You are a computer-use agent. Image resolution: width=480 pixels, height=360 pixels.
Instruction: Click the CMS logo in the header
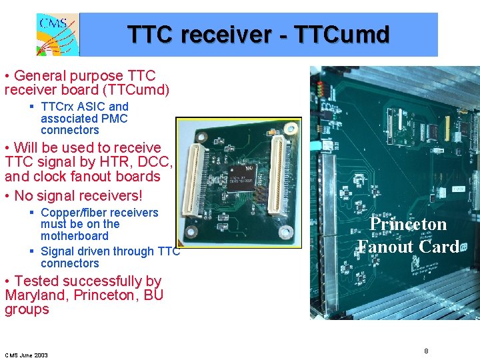[57, 34]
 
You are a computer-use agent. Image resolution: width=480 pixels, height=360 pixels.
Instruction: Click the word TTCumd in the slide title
[347, 34]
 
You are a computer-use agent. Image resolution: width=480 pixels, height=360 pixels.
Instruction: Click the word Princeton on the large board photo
[408, 224]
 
